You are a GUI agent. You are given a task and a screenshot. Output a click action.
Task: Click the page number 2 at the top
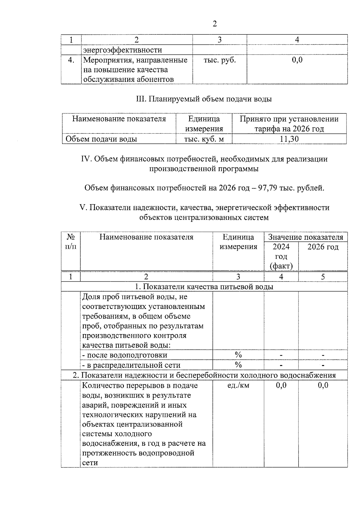click(x=214, y=24)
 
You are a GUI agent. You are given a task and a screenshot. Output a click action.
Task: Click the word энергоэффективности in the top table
click(x=122, y=50)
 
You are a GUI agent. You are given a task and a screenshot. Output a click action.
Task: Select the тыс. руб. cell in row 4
click(x=220, y=60)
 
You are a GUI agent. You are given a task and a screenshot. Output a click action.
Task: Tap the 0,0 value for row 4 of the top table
click(x=297, y=60)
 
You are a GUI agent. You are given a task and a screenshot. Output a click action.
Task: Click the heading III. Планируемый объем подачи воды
click(x=204, y=99)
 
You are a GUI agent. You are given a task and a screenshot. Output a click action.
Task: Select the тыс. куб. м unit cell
click(x=204, y=139)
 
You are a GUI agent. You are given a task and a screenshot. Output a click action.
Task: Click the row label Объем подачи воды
click(x=101, y=139)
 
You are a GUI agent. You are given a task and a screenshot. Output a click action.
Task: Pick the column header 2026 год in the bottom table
click(x=323, y=247)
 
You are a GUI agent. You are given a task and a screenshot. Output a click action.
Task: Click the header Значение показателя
click(x=305, y=237)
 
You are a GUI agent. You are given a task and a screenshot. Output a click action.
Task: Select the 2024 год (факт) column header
click(x=281, y=256)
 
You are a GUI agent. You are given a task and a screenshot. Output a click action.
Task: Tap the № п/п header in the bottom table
click(x=71, y=242)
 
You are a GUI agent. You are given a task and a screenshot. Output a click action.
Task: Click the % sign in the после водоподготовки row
click(x=238, y=355)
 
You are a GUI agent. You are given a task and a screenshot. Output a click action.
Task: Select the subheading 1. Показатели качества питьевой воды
click(x=204, y=287)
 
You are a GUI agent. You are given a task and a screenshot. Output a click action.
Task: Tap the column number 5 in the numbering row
click(x=323, y=277)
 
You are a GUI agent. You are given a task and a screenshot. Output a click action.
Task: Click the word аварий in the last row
click(x=93, y=405)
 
